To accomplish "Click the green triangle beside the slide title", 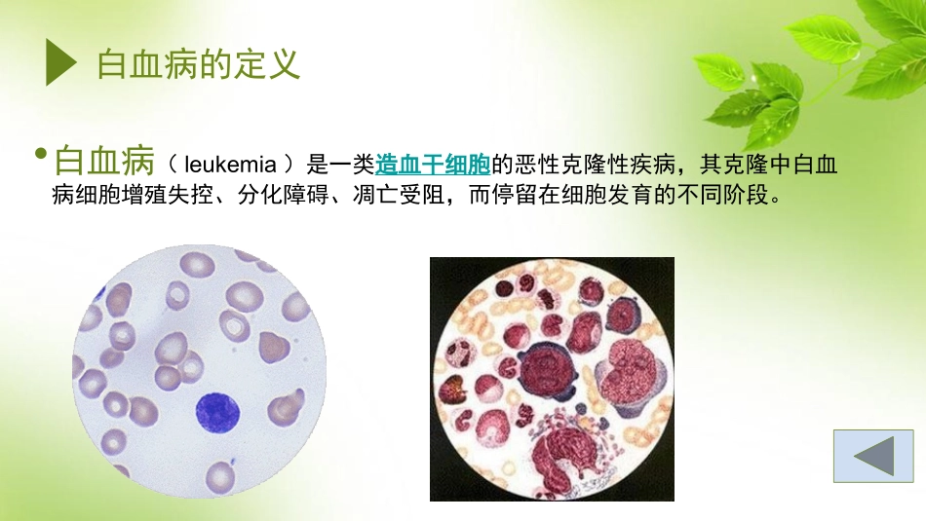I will (60, 64).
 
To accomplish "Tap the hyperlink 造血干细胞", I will (433, 165).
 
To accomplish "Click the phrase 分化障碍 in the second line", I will (284, 195).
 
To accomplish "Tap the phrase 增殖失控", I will (169, 195).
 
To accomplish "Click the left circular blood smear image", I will (200, 370).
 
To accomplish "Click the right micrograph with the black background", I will (552, 379).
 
